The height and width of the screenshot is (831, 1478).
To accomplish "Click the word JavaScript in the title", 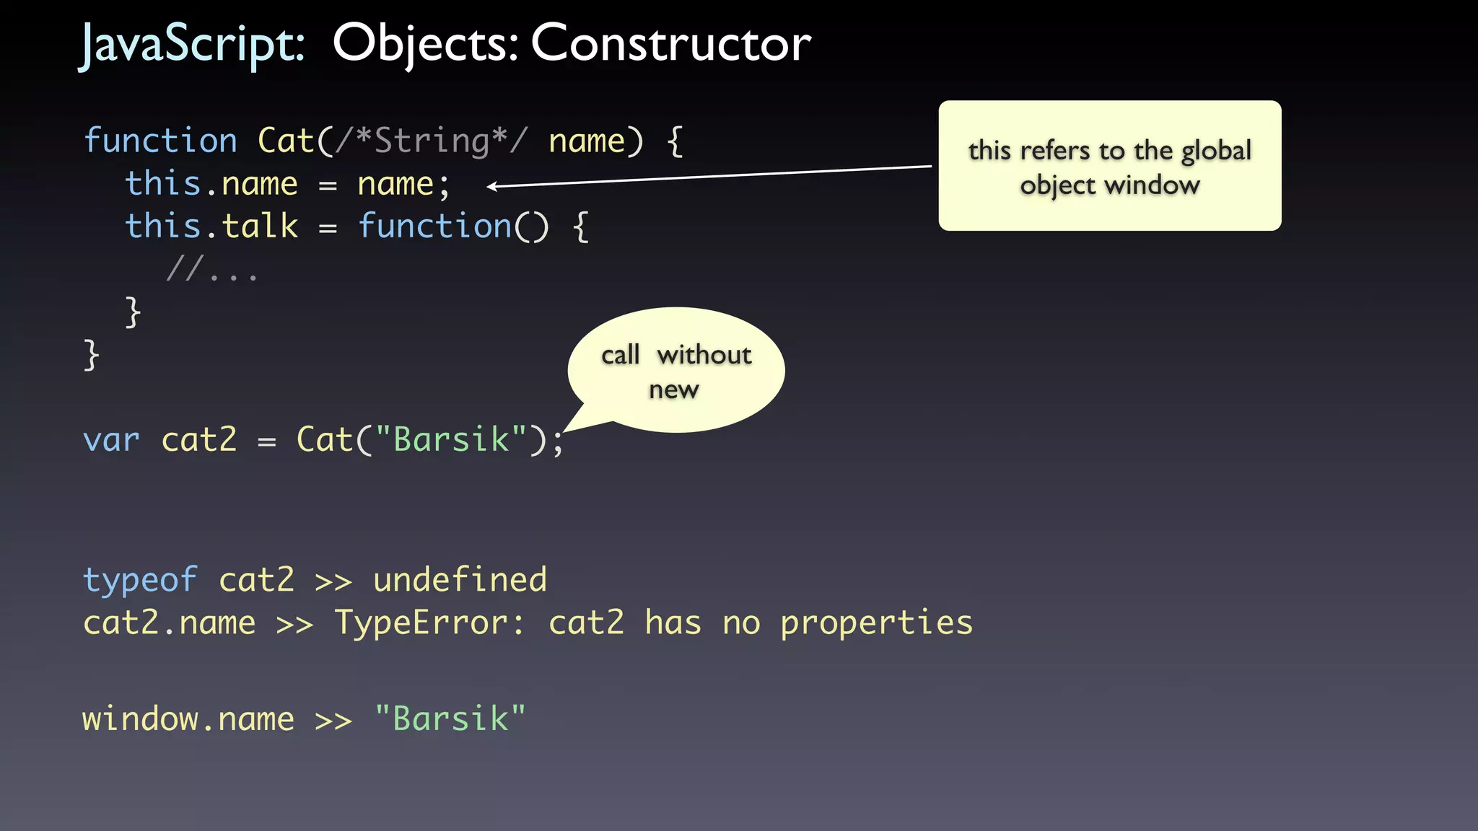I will click(x=191, y=45).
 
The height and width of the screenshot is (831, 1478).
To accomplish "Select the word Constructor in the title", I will click(x=671, y=43).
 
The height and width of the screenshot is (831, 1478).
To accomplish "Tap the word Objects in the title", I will click(x=424, y=43).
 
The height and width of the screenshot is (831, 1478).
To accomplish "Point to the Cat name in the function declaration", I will click(x=286, y=140).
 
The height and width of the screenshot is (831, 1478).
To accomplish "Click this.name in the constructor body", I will click(x=211, y=184).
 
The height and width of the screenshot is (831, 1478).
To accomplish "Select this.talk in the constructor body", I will click(x=211, y=227).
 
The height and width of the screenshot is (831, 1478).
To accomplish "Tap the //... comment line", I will click(x=211, y=271).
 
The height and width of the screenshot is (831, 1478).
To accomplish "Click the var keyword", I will click(x=111, y=439).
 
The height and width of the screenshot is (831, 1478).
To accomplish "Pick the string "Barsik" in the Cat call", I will click(x=451, y=439).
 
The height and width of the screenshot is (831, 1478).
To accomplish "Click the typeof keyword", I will click(x=140, y=580).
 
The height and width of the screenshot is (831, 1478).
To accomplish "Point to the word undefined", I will click(x=460, y=580).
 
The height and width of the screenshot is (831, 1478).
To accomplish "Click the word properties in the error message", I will click(x=876, y=623).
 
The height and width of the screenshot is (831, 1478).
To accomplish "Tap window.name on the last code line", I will click(x=188, y=719).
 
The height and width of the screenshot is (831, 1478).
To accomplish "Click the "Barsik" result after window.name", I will click(x=450, y=719).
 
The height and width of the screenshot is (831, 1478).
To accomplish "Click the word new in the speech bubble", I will click(x=674, y=390).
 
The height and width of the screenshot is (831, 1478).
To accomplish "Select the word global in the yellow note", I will click(x=1216, y=151).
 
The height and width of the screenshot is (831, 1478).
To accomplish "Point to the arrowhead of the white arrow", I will click(x=491, y=187).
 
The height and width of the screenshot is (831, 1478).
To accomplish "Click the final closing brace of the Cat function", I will click(x=91, y=355).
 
